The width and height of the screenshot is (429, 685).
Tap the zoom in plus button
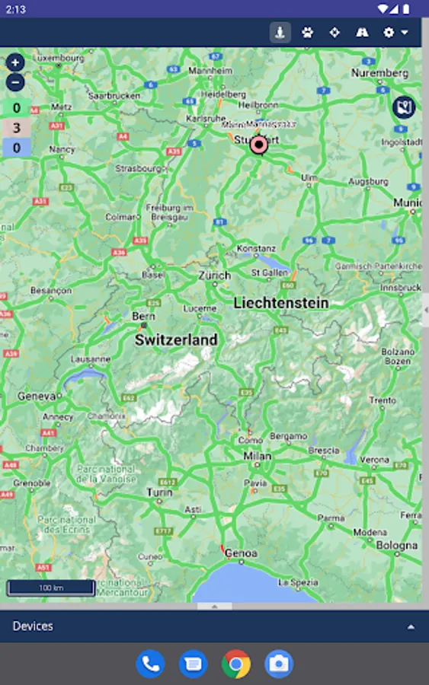click(x=15, y=62)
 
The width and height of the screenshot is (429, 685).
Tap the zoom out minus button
click(x=15, y=82)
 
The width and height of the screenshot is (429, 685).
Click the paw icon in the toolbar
click(x=307, y=33)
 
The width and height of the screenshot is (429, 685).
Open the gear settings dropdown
click(x=395, y=33)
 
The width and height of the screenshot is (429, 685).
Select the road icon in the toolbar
click(x=362, y=33)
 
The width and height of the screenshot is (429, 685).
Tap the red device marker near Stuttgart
click(x=259, y=144)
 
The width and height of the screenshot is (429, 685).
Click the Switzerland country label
click(x=176, y=340)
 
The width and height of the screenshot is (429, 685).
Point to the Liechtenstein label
click(x=281, y=303)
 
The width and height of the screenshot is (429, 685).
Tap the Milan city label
click(x=257, y=456)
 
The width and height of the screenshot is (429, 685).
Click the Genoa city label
click(x=241, y=553)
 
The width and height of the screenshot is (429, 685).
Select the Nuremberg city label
click(x=379, y=73)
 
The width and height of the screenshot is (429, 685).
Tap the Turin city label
click(x=158, y=493)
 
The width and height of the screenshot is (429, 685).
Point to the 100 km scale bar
click(x=51, y=588)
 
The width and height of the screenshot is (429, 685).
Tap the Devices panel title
click(x=34, y=626)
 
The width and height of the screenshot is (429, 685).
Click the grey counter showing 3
click(x=16, y=128)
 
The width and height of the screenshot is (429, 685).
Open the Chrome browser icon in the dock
click(x=236, y=664)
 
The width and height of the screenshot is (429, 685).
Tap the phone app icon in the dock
click(x=150, y=664)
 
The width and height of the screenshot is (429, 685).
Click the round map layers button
click(x=404, y=107)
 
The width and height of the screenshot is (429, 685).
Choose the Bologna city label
click(x=396, y=546)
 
